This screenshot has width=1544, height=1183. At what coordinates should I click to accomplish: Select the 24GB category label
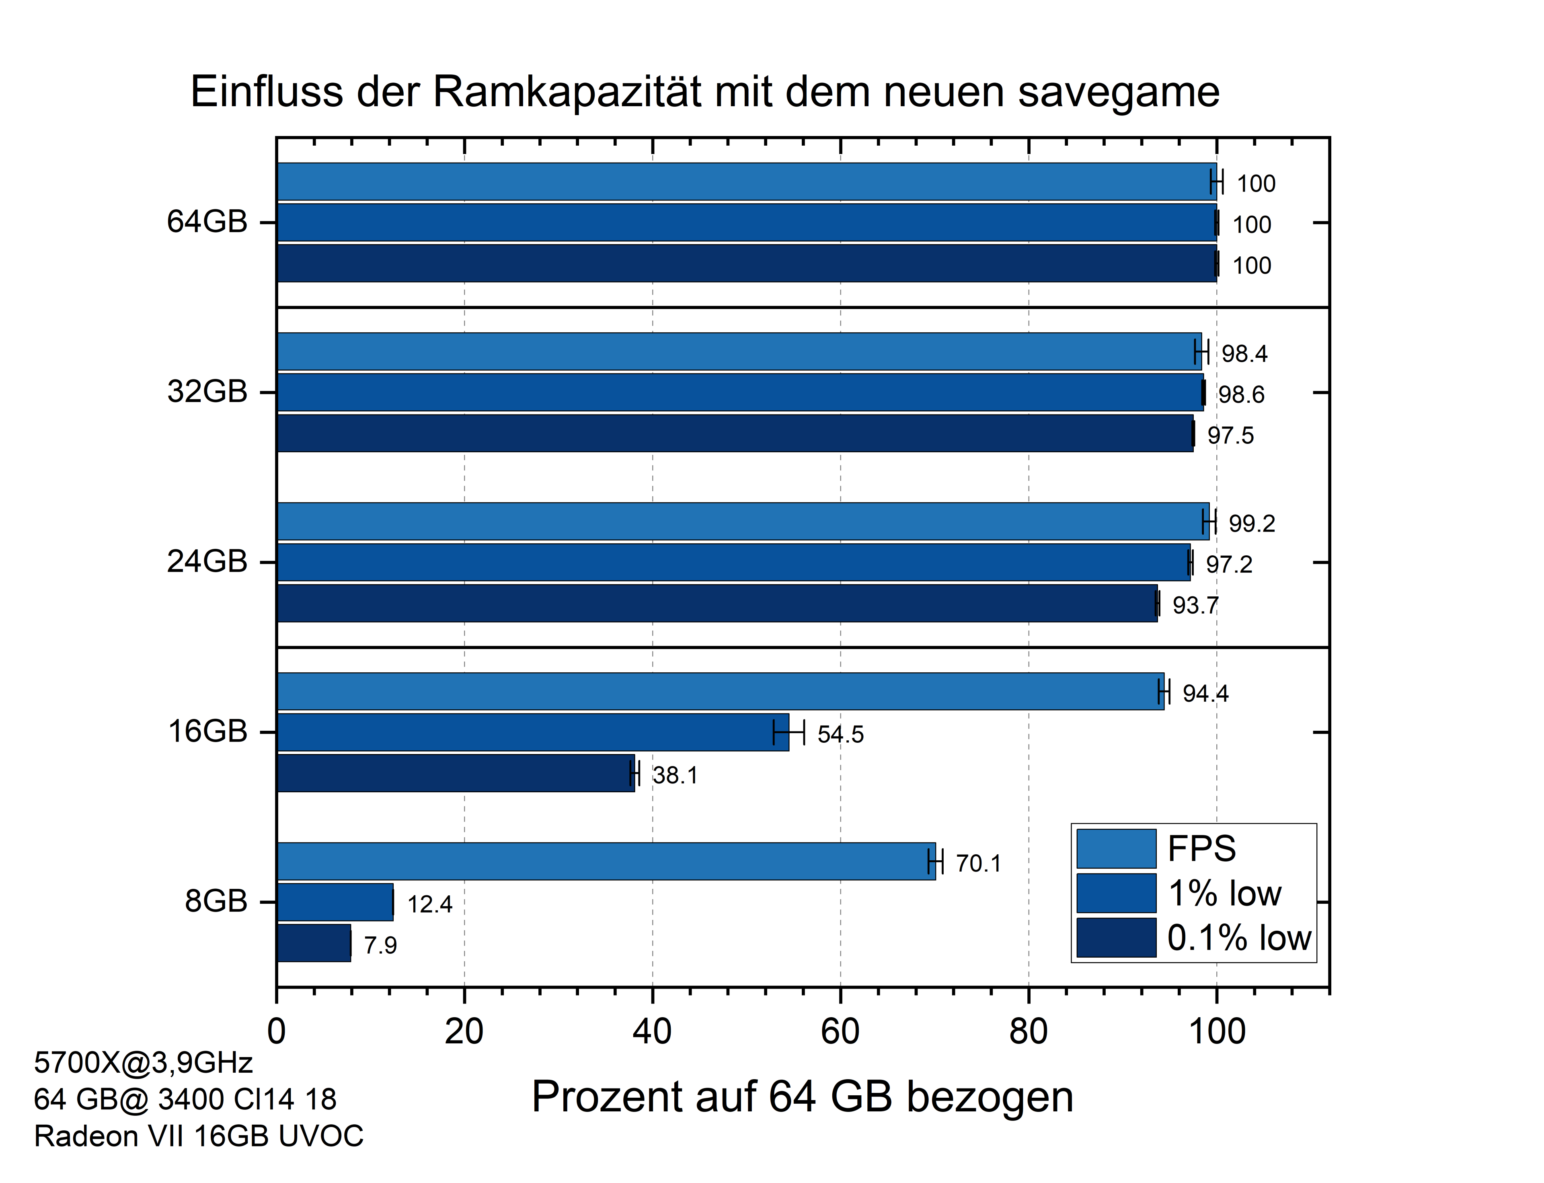tap(207, 562)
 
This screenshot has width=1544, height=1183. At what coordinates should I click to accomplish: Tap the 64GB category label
tap(207, 222)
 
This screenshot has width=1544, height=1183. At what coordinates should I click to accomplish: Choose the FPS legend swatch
tap(1116, 849)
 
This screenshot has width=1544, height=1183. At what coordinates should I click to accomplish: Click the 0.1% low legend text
tap(1238, 938)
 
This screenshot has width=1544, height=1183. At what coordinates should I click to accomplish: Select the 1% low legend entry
tap(1224, 893)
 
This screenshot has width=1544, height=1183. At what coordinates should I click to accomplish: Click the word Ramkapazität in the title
tap(567, 92)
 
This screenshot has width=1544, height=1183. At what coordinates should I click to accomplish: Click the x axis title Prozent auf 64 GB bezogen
tap(802, 1096)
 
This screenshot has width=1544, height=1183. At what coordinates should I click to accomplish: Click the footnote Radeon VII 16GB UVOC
tap(199, 1136)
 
